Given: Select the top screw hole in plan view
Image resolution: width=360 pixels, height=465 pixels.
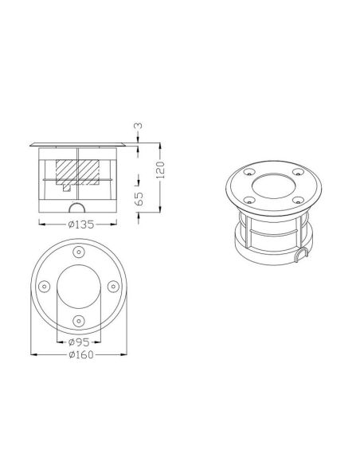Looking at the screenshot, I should [x=78, y=252].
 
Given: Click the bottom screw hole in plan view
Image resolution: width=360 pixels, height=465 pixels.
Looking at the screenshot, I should [x=78, y=320].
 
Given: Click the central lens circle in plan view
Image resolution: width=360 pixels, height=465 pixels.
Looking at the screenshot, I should [x=78, y=286].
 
